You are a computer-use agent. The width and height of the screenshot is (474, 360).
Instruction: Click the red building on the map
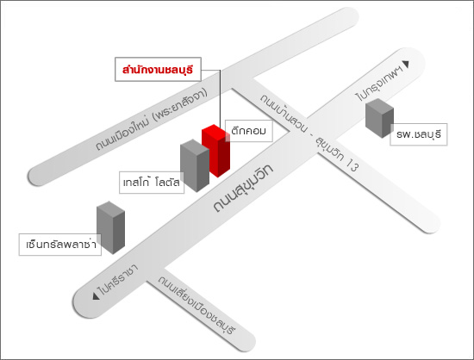coord(215,151)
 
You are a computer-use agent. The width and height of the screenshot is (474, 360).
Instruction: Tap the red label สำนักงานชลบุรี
coord(158,70)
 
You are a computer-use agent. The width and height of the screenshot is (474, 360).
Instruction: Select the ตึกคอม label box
coord(249,131)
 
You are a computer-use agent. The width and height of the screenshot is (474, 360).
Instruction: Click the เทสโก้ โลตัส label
coord(152,183)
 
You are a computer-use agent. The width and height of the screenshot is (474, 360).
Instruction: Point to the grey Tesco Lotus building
coord(195,165)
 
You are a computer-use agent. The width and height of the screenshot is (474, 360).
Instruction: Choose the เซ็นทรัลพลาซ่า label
coord(60,245)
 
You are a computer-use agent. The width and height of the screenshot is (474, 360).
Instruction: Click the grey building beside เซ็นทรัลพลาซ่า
coord(110,227)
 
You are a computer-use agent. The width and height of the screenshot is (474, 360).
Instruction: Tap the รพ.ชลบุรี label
coord(418,134)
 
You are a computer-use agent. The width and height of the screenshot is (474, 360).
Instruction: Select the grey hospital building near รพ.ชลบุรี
coord(379,118)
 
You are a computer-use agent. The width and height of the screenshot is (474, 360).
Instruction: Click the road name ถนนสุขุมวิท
coord(243,188)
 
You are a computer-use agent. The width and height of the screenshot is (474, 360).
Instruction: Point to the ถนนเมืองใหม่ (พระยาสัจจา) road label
coord(152,119)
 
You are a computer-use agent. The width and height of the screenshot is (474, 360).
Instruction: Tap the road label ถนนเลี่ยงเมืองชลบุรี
coord(196,305)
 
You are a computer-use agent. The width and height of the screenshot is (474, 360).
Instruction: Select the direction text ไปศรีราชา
coord(118,280)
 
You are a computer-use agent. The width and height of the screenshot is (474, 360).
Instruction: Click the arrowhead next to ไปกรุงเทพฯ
coord(406,65)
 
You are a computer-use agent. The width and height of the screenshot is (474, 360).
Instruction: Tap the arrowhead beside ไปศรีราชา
coord(97,296)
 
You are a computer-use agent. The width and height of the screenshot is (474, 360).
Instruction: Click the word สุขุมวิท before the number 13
coord(329,149)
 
